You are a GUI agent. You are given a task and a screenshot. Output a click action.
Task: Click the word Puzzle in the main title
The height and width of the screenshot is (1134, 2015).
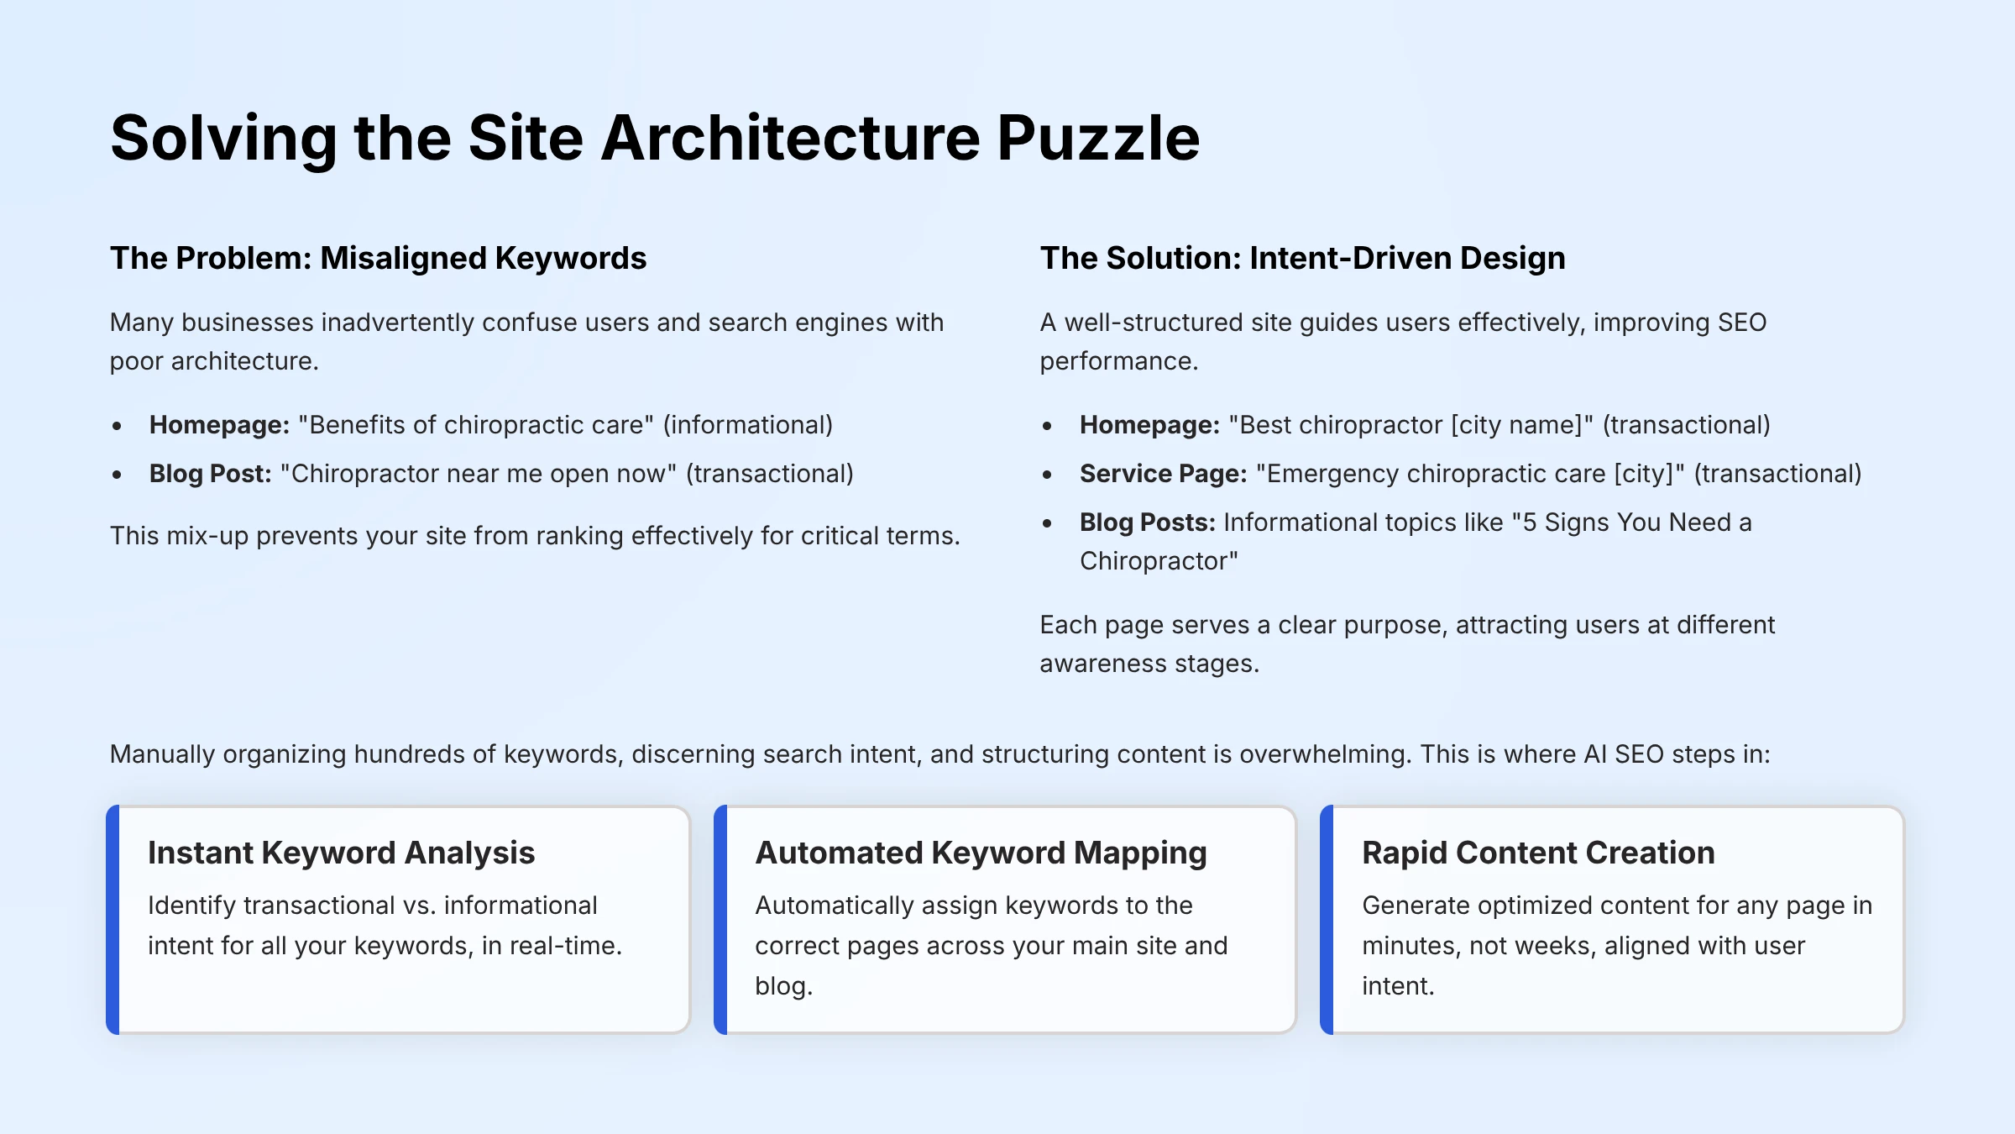click(x=1098, y=139)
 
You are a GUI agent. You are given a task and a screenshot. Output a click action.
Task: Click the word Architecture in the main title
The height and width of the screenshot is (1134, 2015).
click(x=790, y=139)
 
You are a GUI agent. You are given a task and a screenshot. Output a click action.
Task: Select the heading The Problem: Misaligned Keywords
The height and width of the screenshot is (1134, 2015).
click(x=378, y=258)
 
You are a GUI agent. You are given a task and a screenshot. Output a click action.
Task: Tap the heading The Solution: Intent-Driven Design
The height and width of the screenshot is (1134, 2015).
click(x=1302, y=258)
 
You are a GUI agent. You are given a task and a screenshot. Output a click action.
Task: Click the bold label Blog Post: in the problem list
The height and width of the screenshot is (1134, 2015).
click(x=210, y=474)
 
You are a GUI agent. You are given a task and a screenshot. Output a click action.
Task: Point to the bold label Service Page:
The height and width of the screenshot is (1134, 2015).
click(x=1163, y=474)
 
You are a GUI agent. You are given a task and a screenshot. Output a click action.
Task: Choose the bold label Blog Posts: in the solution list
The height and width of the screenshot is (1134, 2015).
click(x=1147, y=522)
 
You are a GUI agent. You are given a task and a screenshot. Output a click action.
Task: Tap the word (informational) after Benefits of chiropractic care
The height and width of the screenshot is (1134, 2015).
click(x=747, y=425)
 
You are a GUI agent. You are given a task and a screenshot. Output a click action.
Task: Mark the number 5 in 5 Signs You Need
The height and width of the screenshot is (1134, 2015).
click(x=1529, y=522)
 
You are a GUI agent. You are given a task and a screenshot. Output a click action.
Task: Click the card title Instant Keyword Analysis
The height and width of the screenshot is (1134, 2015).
click(x=341, y=853)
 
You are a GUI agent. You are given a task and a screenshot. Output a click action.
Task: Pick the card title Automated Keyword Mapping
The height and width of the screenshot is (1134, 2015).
click(x=981, y=853)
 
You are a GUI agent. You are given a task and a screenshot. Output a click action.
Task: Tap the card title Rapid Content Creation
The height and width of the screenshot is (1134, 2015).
click(x=1538, y=853)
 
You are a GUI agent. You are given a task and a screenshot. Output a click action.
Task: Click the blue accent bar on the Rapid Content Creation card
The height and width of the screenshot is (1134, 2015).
click(x=1327, y=920)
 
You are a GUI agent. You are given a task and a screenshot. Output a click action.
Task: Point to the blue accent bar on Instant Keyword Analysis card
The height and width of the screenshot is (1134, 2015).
click(x=113, y=920)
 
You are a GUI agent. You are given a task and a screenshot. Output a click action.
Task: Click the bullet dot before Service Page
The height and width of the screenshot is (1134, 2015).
click(x=1047, y=475)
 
